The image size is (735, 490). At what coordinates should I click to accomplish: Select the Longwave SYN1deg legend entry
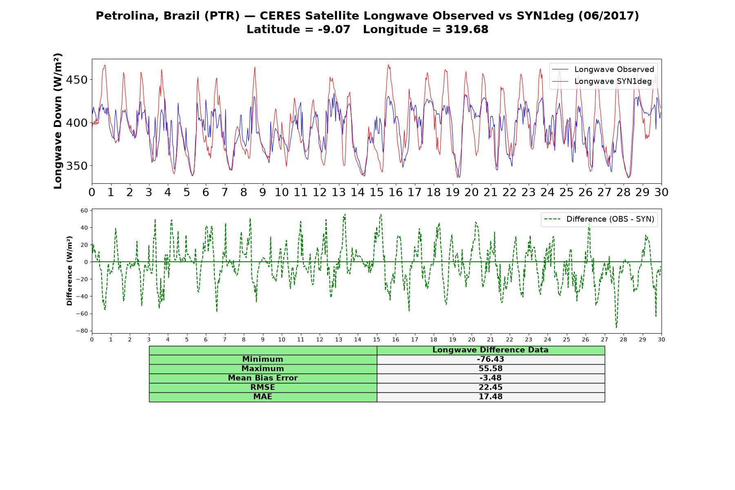click(x=602, y=81)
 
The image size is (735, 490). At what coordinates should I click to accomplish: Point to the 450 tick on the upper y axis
click(x=76, y=80)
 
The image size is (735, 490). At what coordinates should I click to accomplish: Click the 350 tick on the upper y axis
click(x=76, y=166)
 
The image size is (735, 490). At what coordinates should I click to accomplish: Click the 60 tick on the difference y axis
click(x=84, y=211)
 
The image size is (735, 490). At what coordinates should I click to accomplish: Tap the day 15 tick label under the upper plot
click(x=376, y=192)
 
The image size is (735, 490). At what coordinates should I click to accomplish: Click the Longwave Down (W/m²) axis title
click(x=58, y=121)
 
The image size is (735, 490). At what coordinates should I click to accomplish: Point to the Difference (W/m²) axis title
click(x=69, y=271)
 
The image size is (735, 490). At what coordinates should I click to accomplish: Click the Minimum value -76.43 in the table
click(x=490, y=359)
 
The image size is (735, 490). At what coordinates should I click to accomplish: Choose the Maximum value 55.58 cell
click(x=490, y=369)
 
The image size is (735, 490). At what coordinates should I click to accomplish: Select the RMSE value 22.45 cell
click(x=490, y=387)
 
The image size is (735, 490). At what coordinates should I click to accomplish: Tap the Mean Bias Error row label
click(x=263, y=378)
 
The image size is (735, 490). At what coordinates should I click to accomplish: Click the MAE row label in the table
click(x=263, y=396)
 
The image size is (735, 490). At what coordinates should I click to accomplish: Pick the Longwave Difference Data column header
click(x=490, y=350)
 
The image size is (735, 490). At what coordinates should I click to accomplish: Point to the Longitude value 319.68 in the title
click(x=467, y=29)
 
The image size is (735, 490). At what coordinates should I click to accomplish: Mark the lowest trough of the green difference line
click(x=617, y=327)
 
